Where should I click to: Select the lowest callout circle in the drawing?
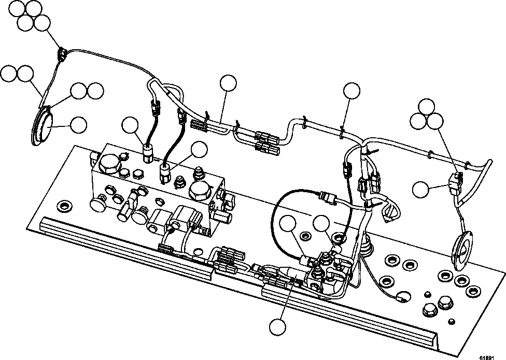point(277,327)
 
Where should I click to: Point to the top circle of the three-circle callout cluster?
point(428,106)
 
